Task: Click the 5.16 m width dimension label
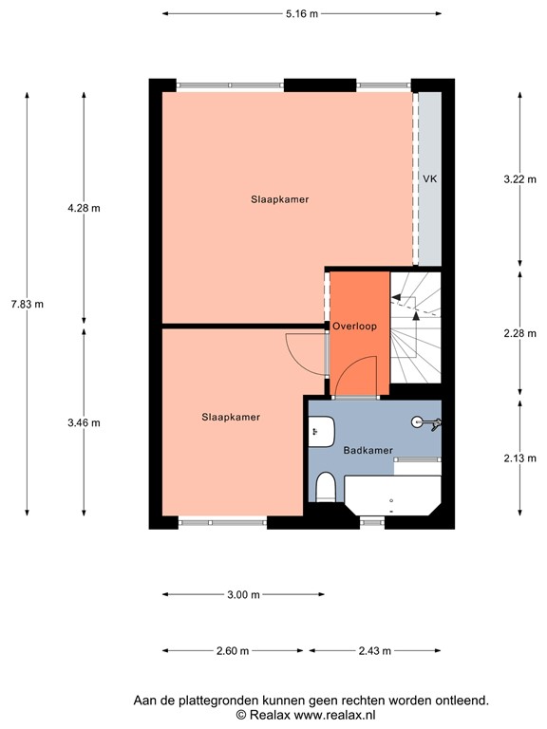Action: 302,13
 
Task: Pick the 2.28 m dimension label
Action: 519,333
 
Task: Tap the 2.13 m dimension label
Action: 519,458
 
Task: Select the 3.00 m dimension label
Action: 243,595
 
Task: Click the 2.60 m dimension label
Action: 232,651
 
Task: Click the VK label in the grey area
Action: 429,178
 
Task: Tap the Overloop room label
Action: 355,326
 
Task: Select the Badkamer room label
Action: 368,451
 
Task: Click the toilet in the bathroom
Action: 325,488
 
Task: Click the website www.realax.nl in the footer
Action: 333,714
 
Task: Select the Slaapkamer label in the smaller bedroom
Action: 231,417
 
